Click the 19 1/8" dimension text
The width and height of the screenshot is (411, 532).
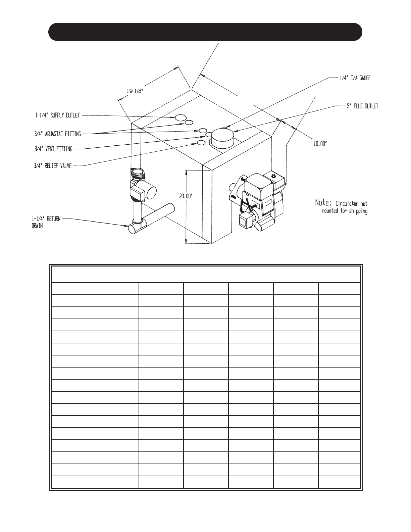pos(134,91)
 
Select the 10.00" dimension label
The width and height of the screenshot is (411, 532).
pos(320,144)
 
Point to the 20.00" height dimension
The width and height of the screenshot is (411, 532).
pos(186,196)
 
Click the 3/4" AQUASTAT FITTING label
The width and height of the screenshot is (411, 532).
pos(57,134)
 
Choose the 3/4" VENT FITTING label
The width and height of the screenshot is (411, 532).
pos(53,149)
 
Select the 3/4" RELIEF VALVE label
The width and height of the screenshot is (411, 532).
pos(53,166)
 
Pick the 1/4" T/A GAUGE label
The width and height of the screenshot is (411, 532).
pos(355,78)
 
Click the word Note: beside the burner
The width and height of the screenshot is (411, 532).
pos(323,203)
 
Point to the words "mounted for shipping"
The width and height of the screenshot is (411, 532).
pos(345,211)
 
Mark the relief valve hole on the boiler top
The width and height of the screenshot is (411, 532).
pos(201,143)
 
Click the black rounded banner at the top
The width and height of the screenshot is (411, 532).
pos(205,32)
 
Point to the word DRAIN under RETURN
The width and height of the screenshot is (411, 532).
pos(37,226)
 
